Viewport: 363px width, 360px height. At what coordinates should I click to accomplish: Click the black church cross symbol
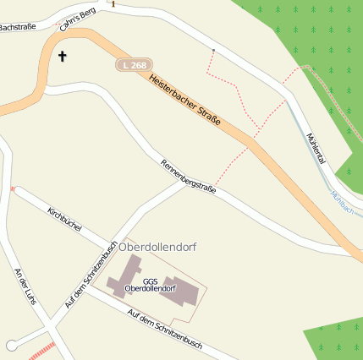[x=61, y=57]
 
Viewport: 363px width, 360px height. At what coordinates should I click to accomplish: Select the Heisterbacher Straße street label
[x=184, y=101]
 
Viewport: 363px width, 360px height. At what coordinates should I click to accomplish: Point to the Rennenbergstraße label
[x=188, y=177]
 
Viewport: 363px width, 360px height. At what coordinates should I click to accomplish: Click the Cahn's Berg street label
[x=78, y=18]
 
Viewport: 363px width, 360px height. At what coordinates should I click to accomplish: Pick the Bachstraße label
[x=17, y=27]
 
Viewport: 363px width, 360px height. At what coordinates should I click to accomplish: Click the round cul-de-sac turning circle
[x=11, y=345]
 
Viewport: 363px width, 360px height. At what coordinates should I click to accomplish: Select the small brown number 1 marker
[x=113, y=4]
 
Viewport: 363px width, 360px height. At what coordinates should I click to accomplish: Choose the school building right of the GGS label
[x=183, y=292]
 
